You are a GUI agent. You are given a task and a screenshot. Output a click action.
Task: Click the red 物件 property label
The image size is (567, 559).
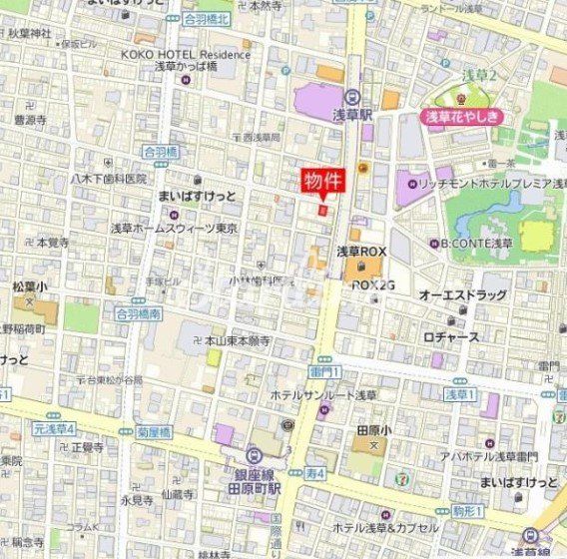click(322, 180)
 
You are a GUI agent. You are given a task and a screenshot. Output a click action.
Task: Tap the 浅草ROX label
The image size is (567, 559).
click(361, 251)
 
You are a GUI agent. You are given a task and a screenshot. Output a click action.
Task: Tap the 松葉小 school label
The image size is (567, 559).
click(29, 285)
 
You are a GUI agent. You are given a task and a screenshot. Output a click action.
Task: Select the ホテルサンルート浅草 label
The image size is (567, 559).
click(323, 395)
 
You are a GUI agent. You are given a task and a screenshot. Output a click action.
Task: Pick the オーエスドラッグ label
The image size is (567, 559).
click(462, 295)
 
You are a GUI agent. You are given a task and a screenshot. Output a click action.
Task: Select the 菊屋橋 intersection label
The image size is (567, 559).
click(155, 432)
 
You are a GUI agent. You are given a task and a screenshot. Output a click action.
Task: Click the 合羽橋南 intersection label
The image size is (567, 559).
click(137, 312)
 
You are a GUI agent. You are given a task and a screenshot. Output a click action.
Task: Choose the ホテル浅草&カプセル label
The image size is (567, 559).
click(384, 527)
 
